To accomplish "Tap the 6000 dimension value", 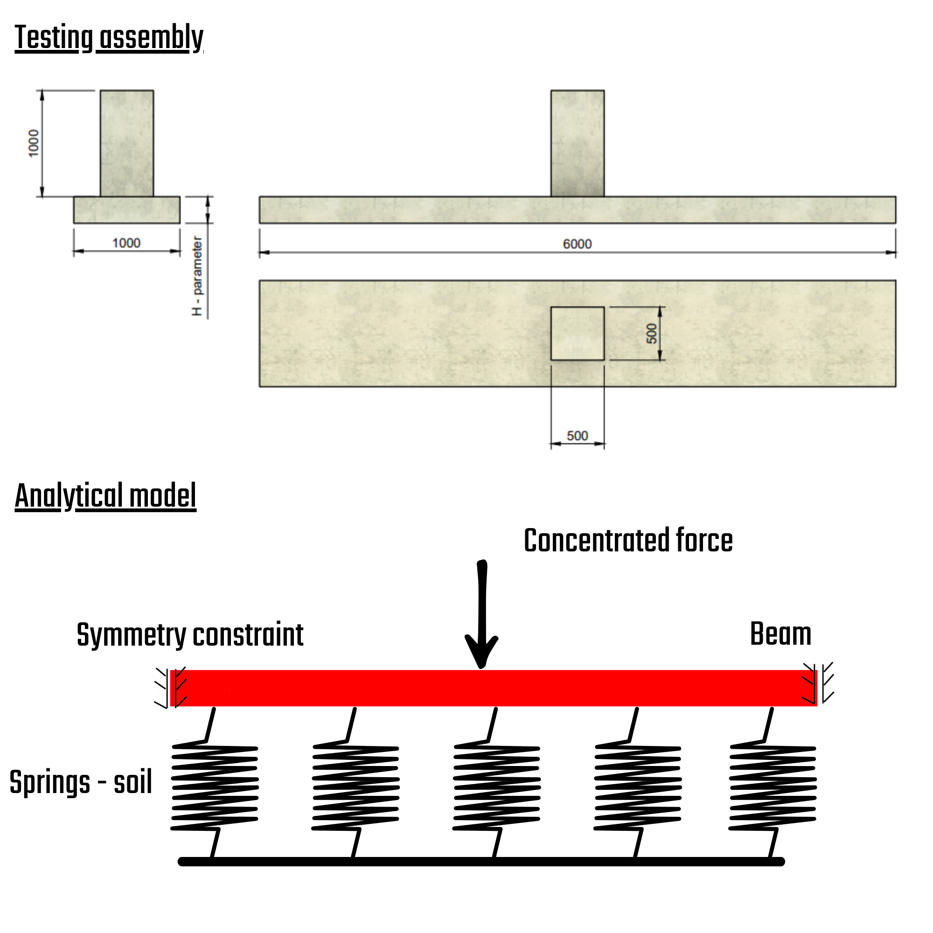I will coord(577,244).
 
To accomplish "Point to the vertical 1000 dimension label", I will coord(33,143).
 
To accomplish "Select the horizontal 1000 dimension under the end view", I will coord(126,243).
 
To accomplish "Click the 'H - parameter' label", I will coord(197,276).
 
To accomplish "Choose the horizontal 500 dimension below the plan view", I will coord(577,436).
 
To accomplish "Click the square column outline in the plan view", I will coord(577,333).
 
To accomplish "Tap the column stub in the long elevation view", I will coord(577,143).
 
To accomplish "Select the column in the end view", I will coord(126,143).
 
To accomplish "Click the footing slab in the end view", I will coord(126,209).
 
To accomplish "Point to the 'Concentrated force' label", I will coord(628,540).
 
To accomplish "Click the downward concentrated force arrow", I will coord(481,613).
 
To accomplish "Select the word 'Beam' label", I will coord(780,634).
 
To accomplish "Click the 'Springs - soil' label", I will coord(81,782).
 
